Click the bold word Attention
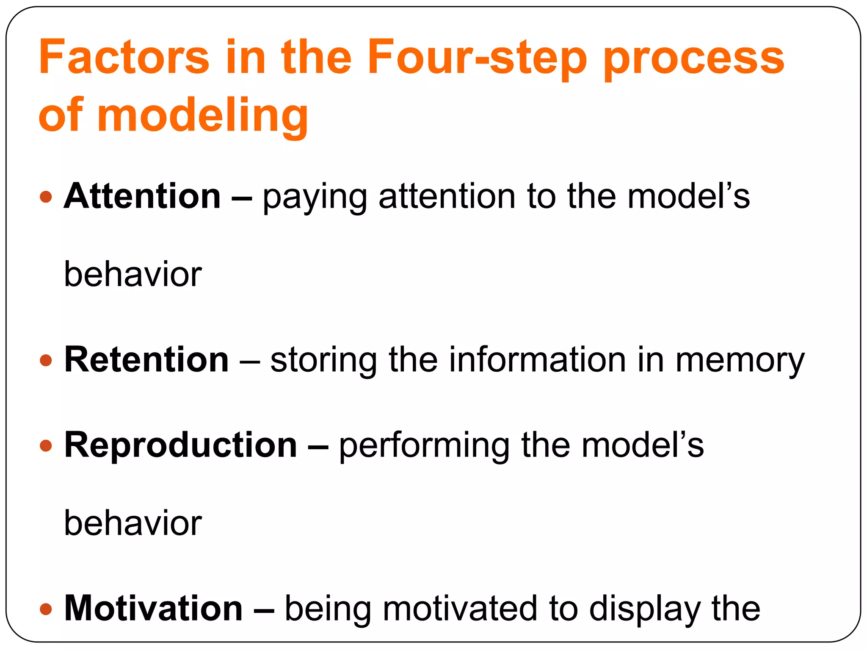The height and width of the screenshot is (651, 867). coord(142,196)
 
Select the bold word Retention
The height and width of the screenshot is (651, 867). coord(146,360)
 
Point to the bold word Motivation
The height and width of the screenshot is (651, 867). coord(153,609)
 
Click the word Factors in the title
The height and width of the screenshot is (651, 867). coord(124,57)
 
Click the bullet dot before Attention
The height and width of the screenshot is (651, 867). coord(46,197)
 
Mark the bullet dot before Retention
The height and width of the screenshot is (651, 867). coord(46,361)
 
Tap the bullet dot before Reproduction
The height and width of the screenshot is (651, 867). coord(46,446)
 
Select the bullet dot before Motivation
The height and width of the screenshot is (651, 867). coord(46,609)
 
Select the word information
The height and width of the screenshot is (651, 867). coord(537,360)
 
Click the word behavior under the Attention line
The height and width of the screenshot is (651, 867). coord(133,275)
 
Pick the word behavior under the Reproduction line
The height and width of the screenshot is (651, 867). coord(133,523)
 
